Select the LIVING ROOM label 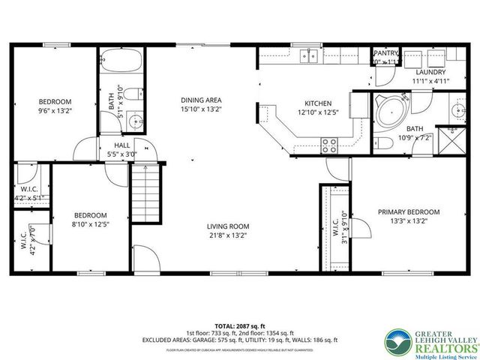point(228,226)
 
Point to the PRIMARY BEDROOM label point(409,211)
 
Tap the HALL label point(123,145)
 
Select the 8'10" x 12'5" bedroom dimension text point(90,224)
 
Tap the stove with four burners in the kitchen point(329,145)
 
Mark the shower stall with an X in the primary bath point(453,137)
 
